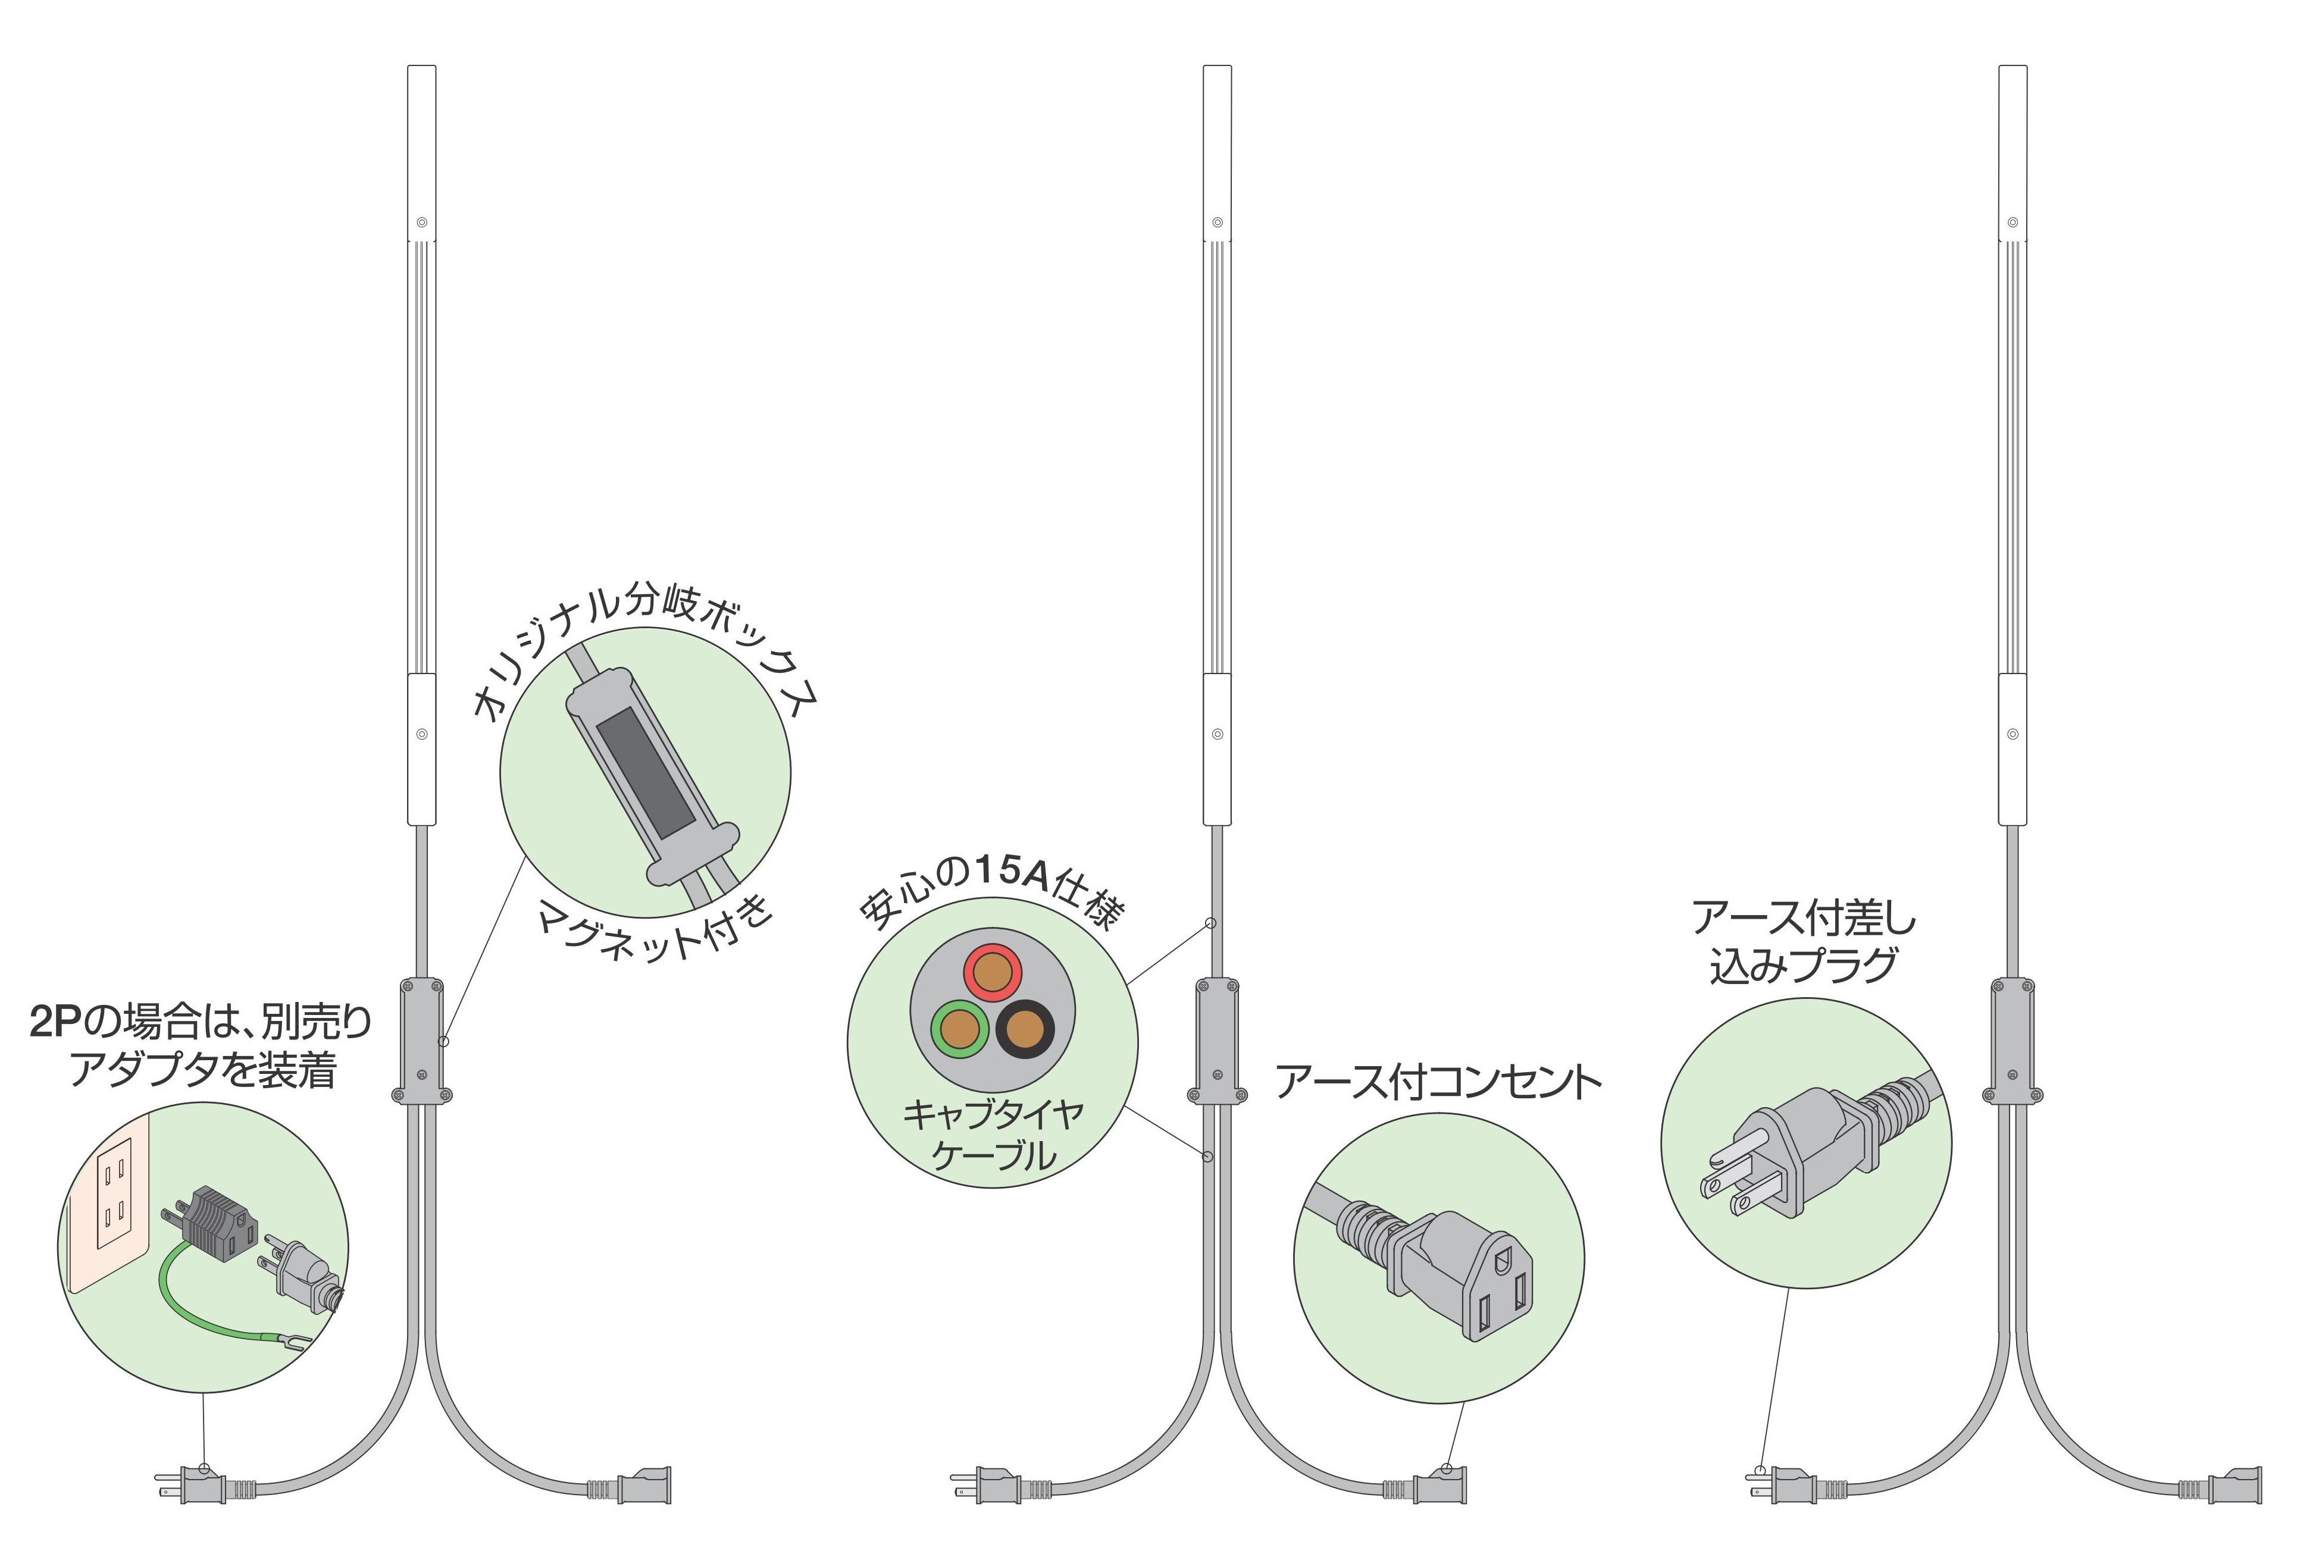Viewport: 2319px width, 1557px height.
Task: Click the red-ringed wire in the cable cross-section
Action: (x=991, y=974)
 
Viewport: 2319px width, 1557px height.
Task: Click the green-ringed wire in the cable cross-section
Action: (x=959, y=1029)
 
